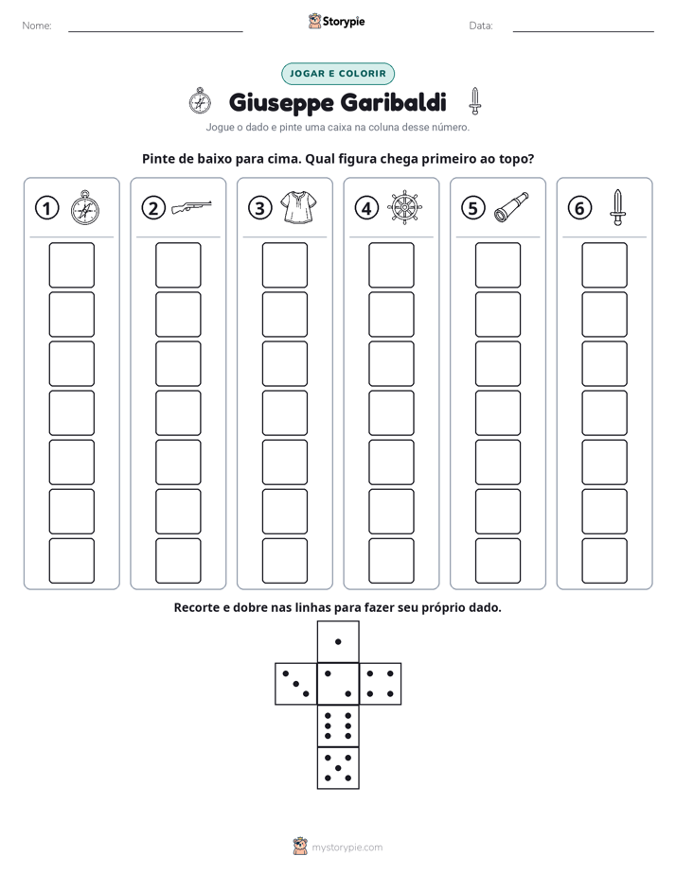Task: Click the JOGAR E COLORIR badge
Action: click(337, 74)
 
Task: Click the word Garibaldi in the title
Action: click(393, 102)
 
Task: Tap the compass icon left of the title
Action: click(200, 100)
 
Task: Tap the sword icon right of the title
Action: click(474, 101)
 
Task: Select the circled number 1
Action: click(46, 208)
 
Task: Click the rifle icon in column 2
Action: click(191, 207)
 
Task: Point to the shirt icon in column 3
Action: click(298, 207)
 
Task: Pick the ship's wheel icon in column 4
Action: click(405, 207)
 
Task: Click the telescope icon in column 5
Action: click(511, 207)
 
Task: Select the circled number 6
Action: click(579, 208)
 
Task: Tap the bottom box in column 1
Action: click(71, 561)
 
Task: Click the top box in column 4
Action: click(391, 265)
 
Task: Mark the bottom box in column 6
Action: click(604, 561)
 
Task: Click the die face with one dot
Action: click(338, 641)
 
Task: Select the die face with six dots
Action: click(338, 725)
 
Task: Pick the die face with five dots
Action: click(338, 768)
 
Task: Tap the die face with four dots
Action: click(381, 684)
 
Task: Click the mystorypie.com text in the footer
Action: click(347, 848)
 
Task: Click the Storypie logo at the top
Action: click(336, 22)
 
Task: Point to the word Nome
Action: click(37, 26)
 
